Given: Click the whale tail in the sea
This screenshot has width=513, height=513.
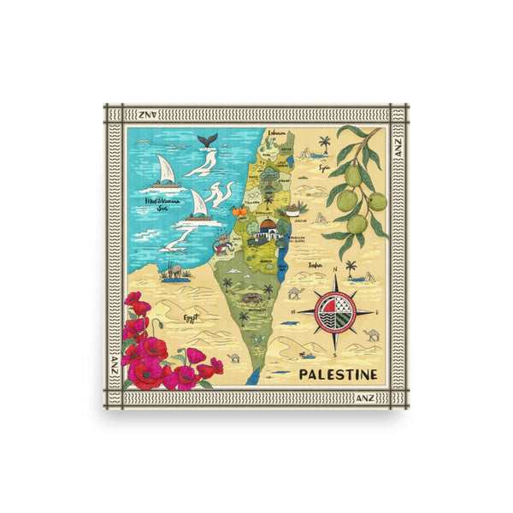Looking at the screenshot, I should (206, 140).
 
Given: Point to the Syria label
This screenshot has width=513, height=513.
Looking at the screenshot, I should (325, 168).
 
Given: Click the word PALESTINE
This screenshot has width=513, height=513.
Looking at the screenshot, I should (339, 374).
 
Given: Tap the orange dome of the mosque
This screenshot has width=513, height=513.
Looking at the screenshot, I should (268, 225).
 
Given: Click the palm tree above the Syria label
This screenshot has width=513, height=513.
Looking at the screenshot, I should (324, 142).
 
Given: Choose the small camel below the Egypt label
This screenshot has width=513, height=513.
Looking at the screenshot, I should (233, 358).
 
